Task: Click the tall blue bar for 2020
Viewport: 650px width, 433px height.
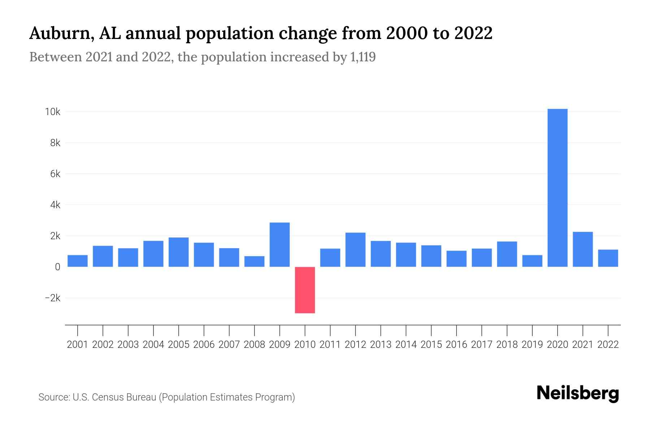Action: tap(557, 188)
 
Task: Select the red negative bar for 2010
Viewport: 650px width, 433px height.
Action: tap(305, 290)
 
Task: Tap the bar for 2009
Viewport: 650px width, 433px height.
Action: tap(279, 245)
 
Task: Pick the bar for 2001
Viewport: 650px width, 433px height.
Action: tap(78, 261)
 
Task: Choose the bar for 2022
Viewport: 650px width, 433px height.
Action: tap(608, 258)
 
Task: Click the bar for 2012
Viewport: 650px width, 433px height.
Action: tap(355, 250)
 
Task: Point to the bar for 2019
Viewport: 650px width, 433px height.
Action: tap(532, 261)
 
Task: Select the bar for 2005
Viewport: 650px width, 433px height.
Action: tap(178, 252)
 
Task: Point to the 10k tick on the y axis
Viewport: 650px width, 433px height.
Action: tap(52, 112)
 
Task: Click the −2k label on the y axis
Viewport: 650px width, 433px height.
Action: tap(52, 298)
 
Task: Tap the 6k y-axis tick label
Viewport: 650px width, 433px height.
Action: tap(55, 174)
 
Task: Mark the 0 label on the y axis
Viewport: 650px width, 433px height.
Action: tap(57, 267)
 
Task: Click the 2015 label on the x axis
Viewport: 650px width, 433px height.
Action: tap(431, 345)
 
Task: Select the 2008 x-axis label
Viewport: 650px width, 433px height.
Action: tap(254, 345)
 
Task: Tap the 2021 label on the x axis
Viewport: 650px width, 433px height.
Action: tap(582, 345)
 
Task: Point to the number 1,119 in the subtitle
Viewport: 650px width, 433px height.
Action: tap(363, 57)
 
